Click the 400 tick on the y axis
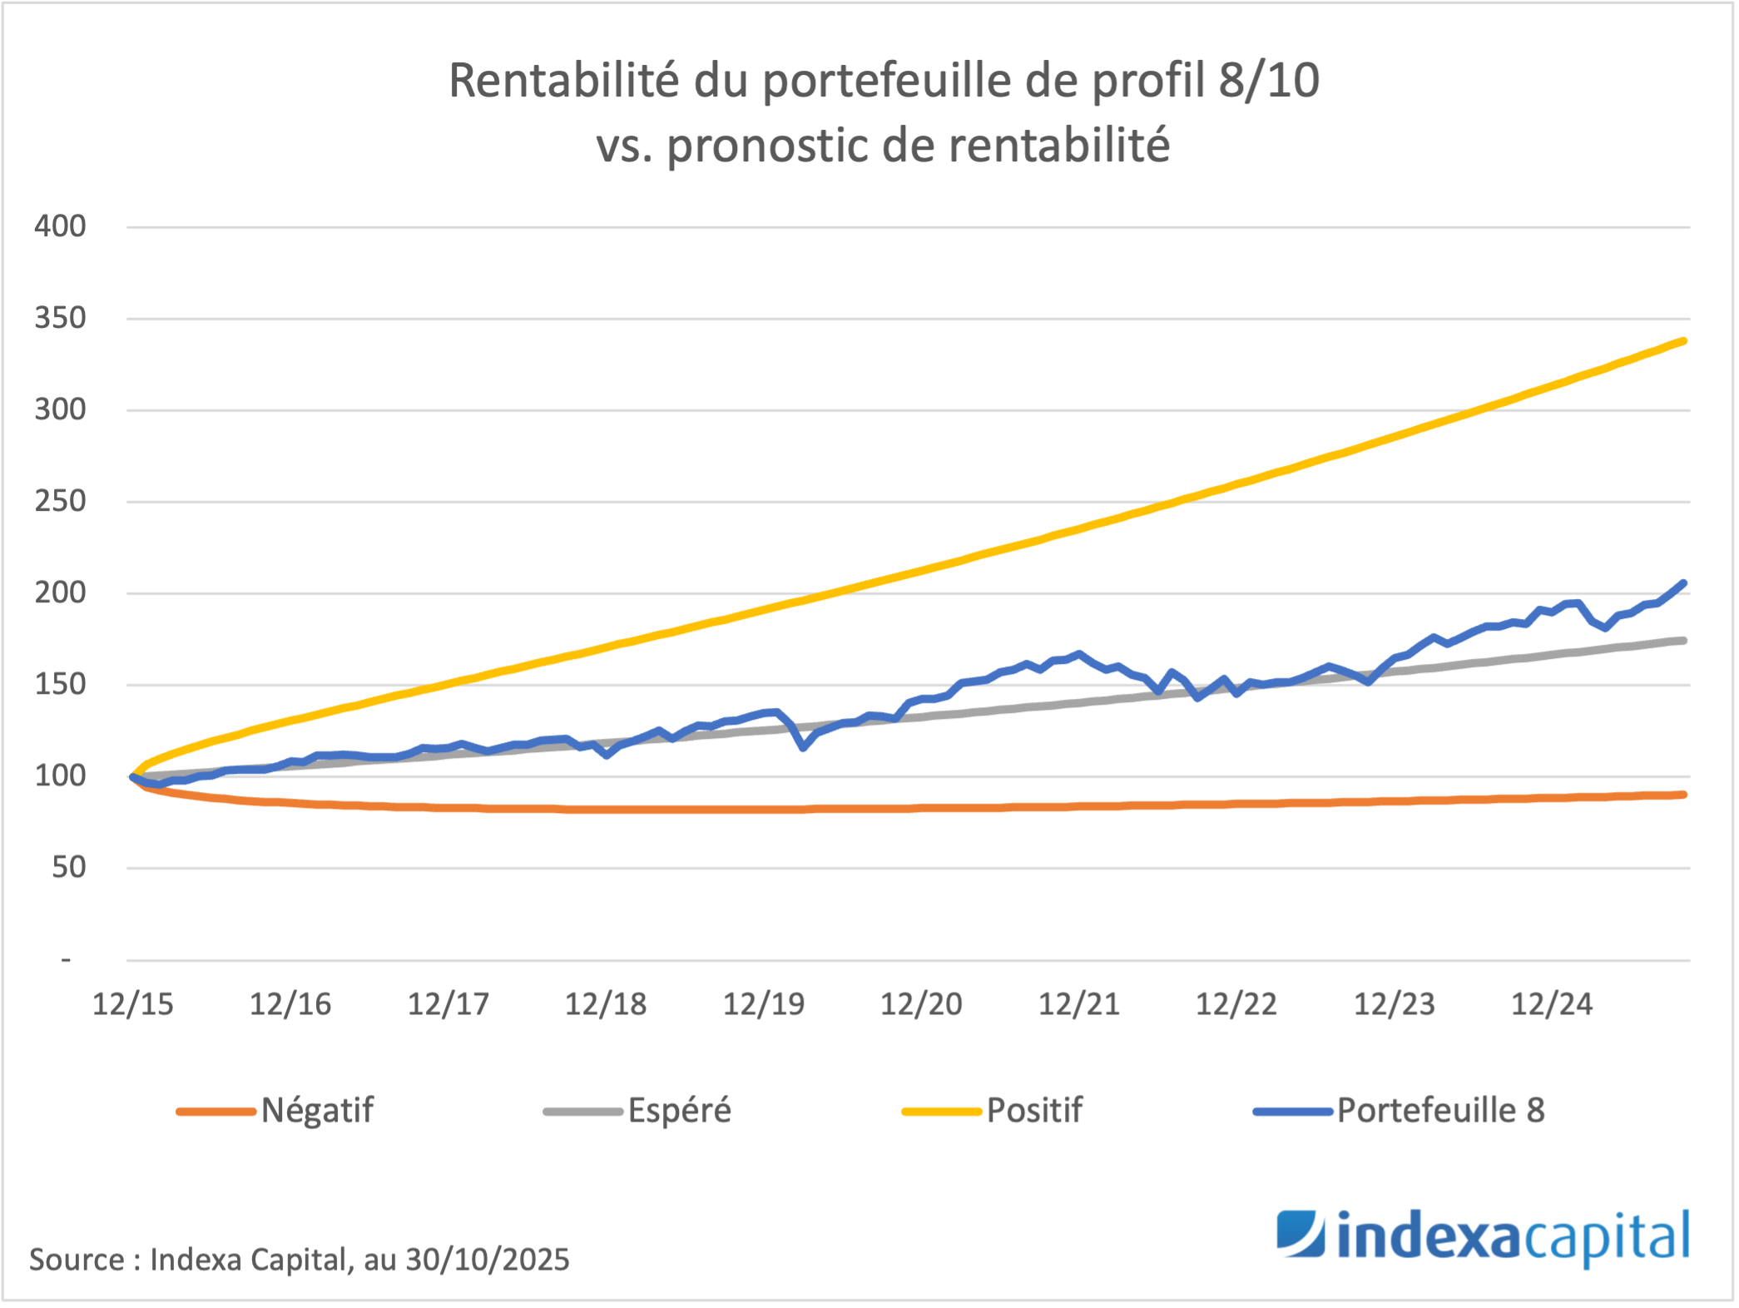pos(60,226)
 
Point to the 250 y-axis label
pos(60,502)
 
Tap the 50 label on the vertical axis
pos(68,868)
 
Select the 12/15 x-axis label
pos(133,1004)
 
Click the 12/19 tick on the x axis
pos(764,1004)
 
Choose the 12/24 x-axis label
pos(1552,1004)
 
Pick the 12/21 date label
pos(1079,1004)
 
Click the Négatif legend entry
pos(317,1111)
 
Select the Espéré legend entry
pos(679,1111)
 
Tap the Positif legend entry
pos(1034,1111)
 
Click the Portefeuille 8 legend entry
pos(1440,1111)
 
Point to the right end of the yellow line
pos(1684,340)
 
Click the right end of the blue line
pos(1684,583)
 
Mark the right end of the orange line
pos(1684,795)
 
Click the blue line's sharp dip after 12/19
pos(803,747)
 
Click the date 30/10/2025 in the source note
pos(488,1260)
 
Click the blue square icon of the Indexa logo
pos(1301,1233)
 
